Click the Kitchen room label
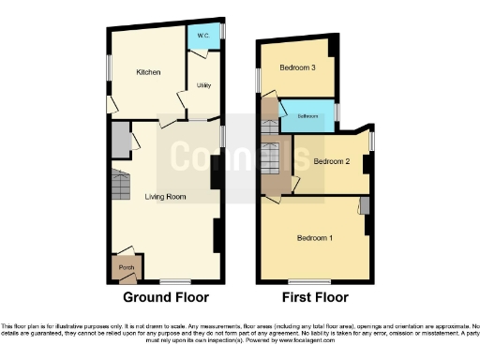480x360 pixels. tap(148, 72)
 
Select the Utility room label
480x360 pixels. tap(202, 86)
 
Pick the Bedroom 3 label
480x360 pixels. tap(298, 67)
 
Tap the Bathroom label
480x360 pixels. tap(308, 116)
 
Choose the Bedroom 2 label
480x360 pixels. tap(331, 161)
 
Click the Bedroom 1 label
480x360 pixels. tap(315, 237)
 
